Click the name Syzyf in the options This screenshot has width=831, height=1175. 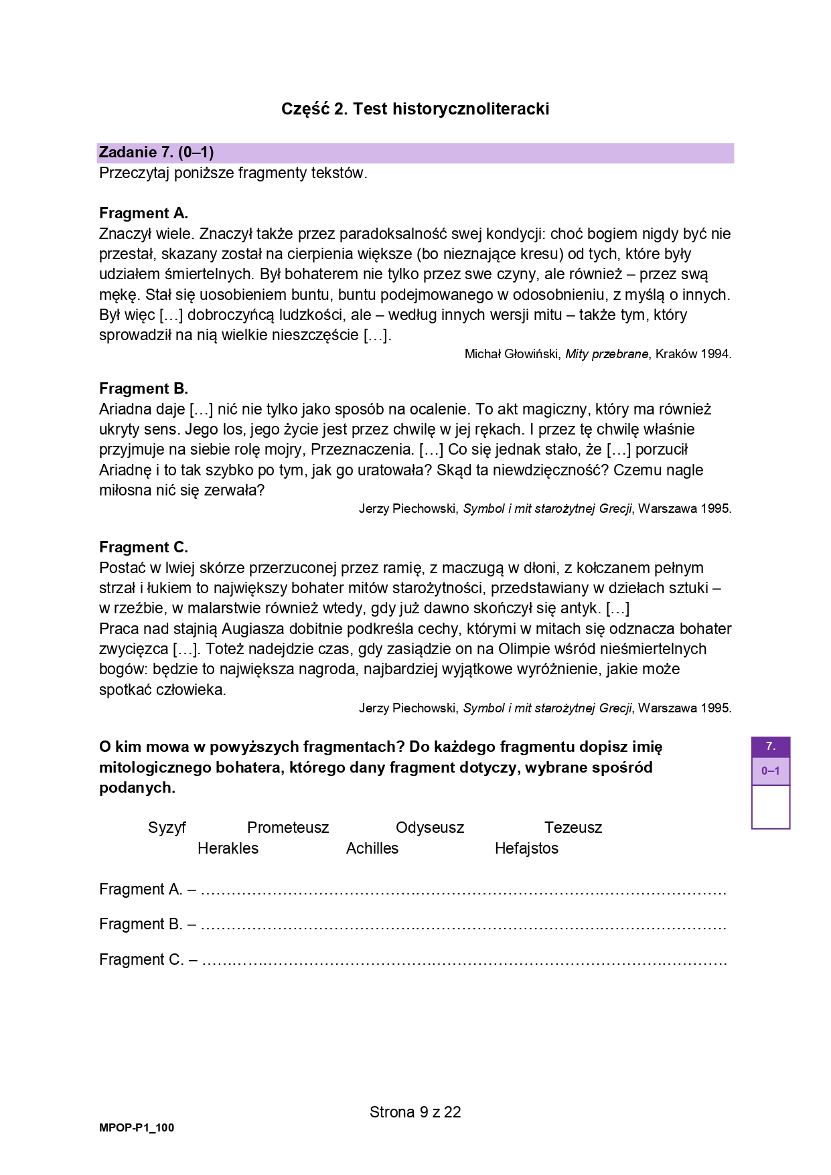pos(167,828)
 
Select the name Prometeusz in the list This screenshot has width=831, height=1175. pos(288,828)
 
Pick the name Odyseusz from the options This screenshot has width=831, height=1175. pos(430,828)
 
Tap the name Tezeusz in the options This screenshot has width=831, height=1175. pos(573,828)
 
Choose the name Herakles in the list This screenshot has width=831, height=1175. pos(228,848)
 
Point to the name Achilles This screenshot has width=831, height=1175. pos(372,848)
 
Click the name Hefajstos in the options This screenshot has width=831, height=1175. pos(526,848)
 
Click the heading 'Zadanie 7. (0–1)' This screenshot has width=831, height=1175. pos(156,153)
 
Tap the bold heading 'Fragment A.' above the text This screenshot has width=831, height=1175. pos(143,214)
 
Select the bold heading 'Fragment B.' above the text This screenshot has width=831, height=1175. pos(143,389)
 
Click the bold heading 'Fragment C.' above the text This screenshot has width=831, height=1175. pos(143,548)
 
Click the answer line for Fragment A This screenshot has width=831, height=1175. pos(463,892)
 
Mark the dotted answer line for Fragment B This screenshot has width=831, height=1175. pos(463,927)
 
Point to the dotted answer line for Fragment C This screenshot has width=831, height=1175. pos(464,962)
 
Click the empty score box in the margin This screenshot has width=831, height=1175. pos(770,807)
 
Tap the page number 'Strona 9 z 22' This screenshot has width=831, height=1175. pos(415,1113)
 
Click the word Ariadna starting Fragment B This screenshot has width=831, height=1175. pos(125,409)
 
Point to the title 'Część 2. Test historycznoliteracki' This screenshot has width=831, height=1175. pos(415,109)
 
